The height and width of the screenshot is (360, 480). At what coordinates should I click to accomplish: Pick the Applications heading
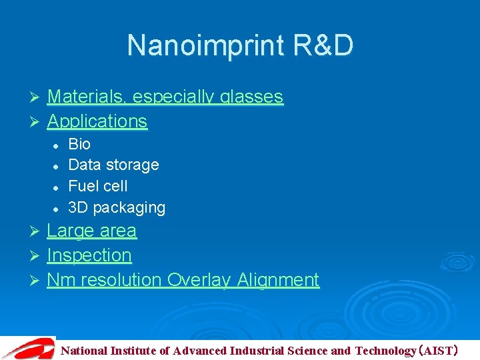(x=97, y=121)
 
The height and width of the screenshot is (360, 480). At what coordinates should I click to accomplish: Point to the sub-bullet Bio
(x=79, y=144)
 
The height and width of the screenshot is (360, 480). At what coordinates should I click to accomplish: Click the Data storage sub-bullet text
(x=113, y=165)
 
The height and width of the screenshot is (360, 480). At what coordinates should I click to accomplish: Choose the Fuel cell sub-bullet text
(x=98, y=186)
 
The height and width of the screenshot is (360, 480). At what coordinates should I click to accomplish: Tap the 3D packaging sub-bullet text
(x=117, y=207)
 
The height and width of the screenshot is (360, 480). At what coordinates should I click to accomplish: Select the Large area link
(x=92, y=231)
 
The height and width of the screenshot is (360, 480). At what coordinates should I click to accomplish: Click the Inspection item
(x=89, y=255)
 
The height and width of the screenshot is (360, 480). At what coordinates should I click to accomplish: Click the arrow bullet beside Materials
(x=36, y=97)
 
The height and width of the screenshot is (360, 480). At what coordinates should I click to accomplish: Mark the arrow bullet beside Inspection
(x=36, y=256)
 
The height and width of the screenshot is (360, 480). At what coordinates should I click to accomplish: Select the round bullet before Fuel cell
(x=58, y=187)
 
